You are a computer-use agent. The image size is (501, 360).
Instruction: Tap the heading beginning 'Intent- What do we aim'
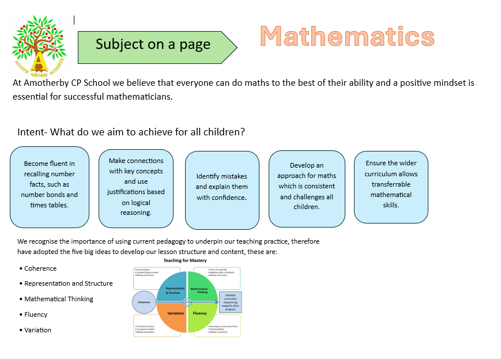[x=131, y=132]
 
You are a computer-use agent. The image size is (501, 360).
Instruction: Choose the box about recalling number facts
[x=50, y=187]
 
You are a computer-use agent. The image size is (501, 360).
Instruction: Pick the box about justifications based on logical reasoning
[x=136, y=187]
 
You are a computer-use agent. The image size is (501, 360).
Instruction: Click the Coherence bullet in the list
[x=40, y=268]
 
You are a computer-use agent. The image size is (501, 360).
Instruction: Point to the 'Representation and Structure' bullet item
[x=68, y=283]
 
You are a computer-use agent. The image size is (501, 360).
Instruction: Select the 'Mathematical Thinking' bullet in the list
[x=58, y=299]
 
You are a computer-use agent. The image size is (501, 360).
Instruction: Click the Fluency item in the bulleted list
[x=36, y=314]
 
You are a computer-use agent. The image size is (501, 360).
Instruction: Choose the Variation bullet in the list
[x=37, y=330]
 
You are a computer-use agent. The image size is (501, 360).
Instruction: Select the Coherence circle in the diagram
[x=144, y=302]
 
